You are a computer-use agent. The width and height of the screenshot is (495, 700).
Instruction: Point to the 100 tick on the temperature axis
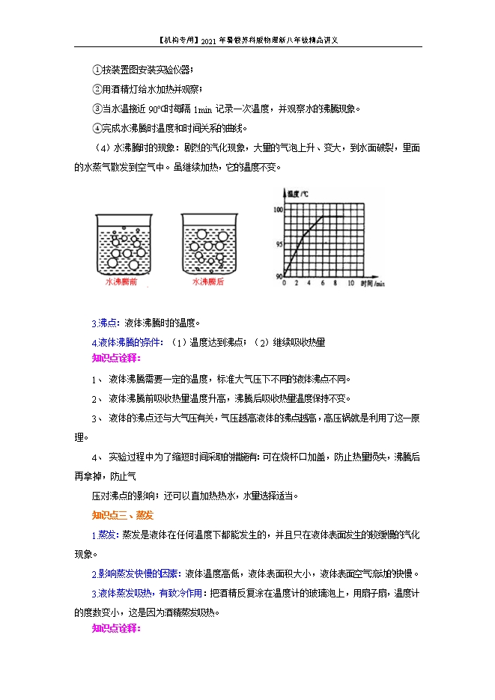point(278,210)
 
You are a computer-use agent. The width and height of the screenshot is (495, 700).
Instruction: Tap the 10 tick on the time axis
point(350,284)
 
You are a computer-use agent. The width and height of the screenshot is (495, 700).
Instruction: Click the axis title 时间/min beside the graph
point(372,284)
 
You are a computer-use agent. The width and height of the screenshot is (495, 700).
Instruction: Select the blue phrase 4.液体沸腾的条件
point(127,342)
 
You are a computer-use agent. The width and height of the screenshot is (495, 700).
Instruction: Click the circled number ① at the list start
point(97,70)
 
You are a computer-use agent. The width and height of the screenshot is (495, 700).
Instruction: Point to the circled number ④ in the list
point(97,127)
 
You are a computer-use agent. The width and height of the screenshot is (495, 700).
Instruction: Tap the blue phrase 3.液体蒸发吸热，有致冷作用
point(147,593)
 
